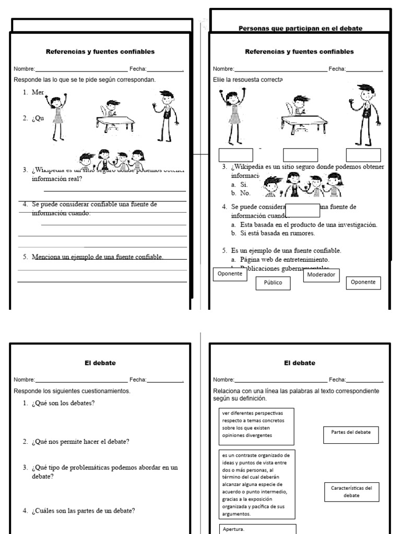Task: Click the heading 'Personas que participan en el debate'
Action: click(x=300, y=28)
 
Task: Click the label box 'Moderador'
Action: click(x=321, y=275)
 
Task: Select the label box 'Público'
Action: click(x=273, y=283)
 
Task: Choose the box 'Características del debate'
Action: click(x=351, y=491)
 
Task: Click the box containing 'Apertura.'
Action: click(x=258, y=528)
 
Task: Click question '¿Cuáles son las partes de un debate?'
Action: click(x=82, y=511)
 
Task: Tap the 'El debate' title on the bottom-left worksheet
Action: click(x=100, y=362)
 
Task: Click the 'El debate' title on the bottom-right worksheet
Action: click(x=300, y=362)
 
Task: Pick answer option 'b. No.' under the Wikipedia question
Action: click(x=240, y=193)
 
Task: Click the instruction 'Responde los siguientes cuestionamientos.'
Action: click(x=72, y=391)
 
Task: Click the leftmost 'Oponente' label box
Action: click(x=230, y=274)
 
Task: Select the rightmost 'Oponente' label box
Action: click(x=363, y=282)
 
